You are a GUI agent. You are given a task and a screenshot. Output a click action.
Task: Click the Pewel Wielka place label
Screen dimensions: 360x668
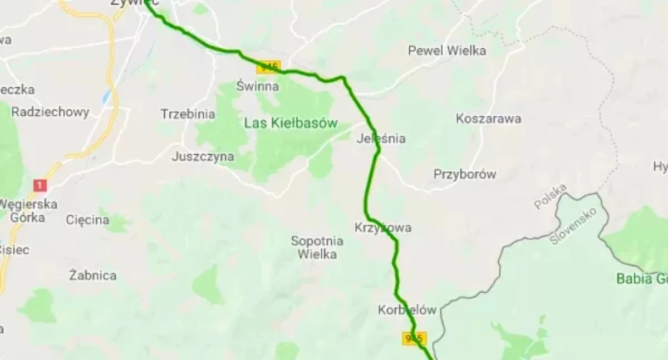[447, 51]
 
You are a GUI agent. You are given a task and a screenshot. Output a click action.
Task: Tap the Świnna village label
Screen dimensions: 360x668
[257, 86]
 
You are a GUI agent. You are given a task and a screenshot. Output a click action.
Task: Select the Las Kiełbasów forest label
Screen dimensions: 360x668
[291, 123]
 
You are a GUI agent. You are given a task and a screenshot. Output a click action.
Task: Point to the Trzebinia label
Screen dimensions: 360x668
[188, 114]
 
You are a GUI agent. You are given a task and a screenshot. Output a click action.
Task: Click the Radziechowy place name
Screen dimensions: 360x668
[50, 112]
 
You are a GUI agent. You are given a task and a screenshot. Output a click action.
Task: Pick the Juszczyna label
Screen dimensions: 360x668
[203, 156]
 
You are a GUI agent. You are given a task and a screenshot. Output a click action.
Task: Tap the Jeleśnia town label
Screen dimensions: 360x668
[381, 139]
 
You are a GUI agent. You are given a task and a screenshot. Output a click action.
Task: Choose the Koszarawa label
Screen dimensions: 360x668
[488, 119]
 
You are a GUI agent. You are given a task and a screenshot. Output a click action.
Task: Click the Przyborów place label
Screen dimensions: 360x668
[465, 174]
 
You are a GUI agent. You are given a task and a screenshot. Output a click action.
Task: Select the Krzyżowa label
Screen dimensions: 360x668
[383, 228]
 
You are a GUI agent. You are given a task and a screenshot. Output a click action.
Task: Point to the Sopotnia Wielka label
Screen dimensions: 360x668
[317, 248]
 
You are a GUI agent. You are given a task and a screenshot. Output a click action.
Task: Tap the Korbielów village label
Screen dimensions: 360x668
[406, 310]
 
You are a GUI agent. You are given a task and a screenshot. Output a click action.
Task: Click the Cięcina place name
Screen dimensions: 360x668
[87, 220]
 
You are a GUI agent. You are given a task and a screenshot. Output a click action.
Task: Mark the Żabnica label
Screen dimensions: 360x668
[93, 275]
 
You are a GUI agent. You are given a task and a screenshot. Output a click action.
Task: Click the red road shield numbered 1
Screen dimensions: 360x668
[40, 185]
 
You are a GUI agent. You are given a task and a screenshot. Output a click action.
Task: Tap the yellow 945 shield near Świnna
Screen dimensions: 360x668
[268, 67]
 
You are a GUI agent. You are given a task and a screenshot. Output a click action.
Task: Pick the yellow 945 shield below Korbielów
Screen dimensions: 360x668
[414, 338]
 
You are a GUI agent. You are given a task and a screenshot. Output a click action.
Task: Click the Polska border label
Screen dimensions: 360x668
[551, 196]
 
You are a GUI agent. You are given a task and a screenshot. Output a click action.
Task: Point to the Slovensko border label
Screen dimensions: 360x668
[573, 226]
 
